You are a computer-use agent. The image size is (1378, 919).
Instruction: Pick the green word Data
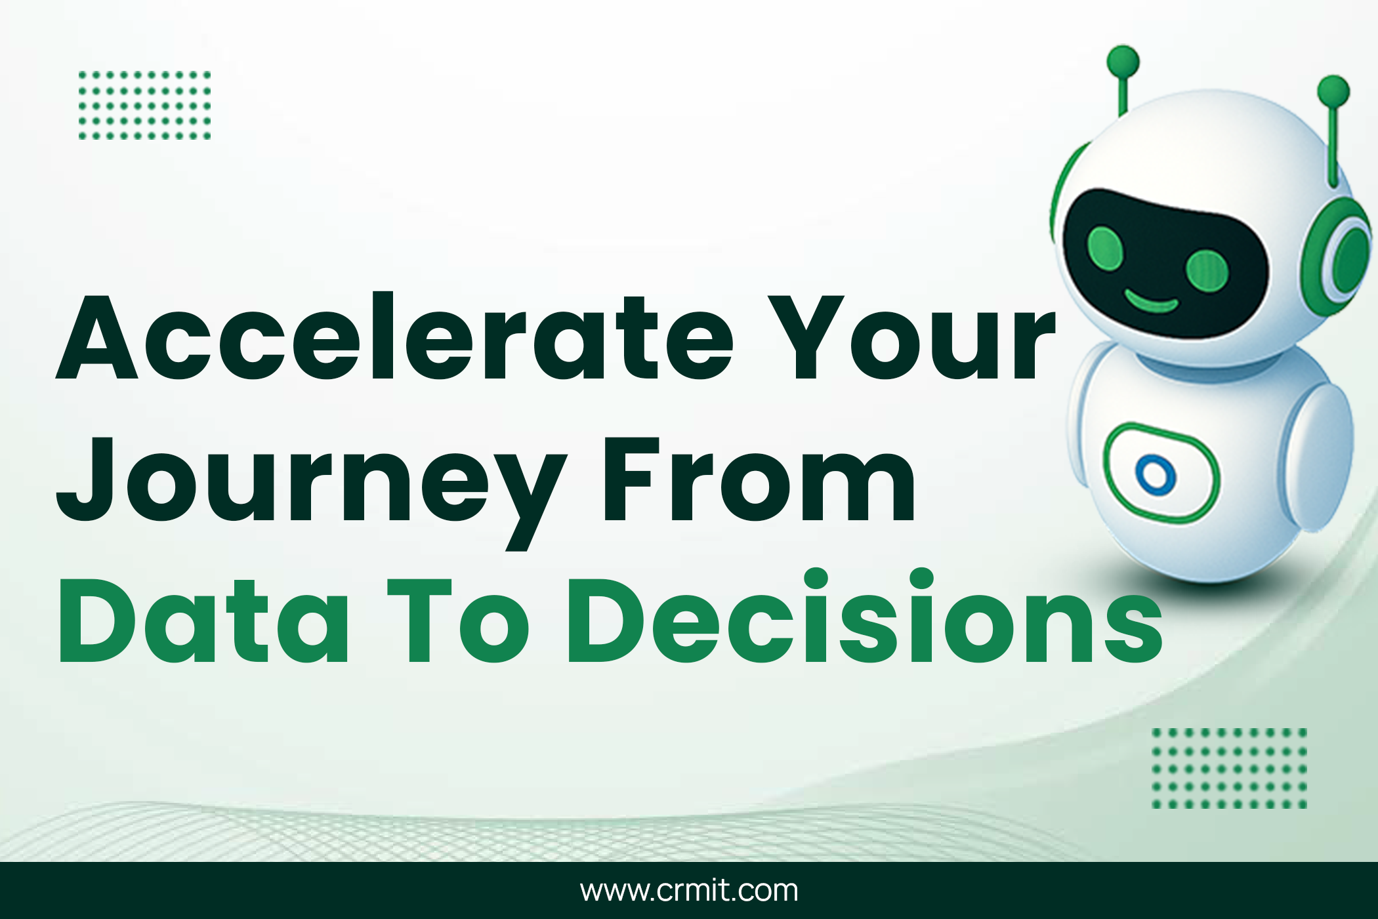tap(203, 622)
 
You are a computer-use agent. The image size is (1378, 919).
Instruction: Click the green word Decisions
tap(865, 617)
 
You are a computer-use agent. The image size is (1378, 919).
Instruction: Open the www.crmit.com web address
tap(689, 891)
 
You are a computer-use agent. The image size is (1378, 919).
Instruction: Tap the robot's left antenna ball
tap(1123, 62)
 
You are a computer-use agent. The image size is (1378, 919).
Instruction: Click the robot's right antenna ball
tap(1333, 91)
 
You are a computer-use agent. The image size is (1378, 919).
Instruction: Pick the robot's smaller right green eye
tap(1207, 270)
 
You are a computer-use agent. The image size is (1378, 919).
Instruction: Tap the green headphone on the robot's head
tap(1335, 256)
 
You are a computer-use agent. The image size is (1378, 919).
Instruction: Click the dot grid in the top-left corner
tap(144, 105)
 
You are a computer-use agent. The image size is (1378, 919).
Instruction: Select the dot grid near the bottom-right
tap(1229, 767)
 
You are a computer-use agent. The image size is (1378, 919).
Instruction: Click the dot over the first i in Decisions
tap(815, 579)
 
